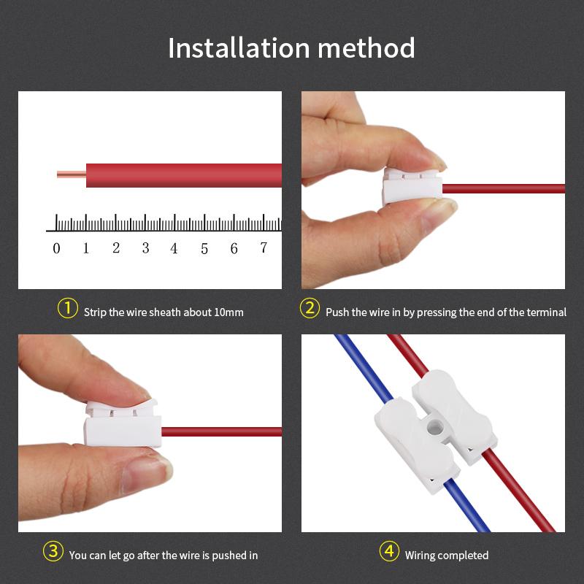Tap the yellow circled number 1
pos(67,309)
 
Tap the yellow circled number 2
pos(310,309)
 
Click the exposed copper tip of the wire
pos(70,175)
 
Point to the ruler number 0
pos(57,248)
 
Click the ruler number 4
pos(174,248)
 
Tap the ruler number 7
pos(264,248)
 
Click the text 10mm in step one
pos(229,312)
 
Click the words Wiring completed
pos(447,556)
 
